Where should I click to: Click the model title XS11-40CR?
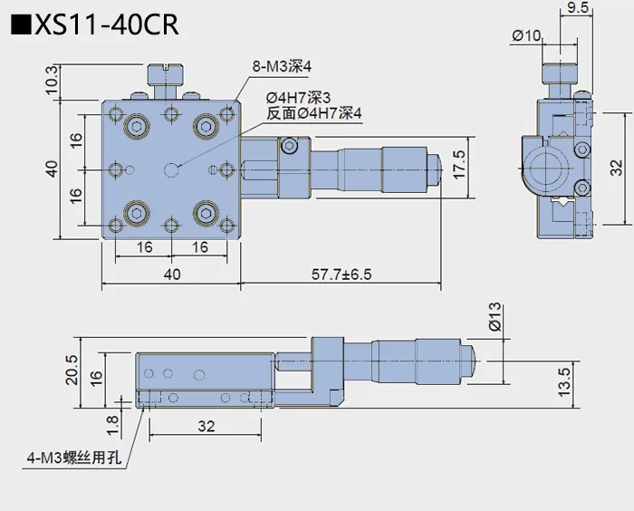(x=107, y=24)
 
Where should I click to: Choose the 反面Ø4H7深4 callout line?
(x=313, y=113)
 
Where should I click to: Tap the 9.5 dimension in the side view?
(x=577, y=10)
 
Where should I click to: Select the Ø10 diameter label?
(x=526, y=35)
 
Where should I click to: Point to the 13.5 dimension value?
(x=563, y=381)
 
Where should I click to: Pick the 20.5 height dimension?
(x=72, y=371)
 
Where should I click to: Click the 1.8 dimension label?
(x=111, y=421)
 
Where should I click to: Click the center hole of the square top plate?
(x=172, y=169)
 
